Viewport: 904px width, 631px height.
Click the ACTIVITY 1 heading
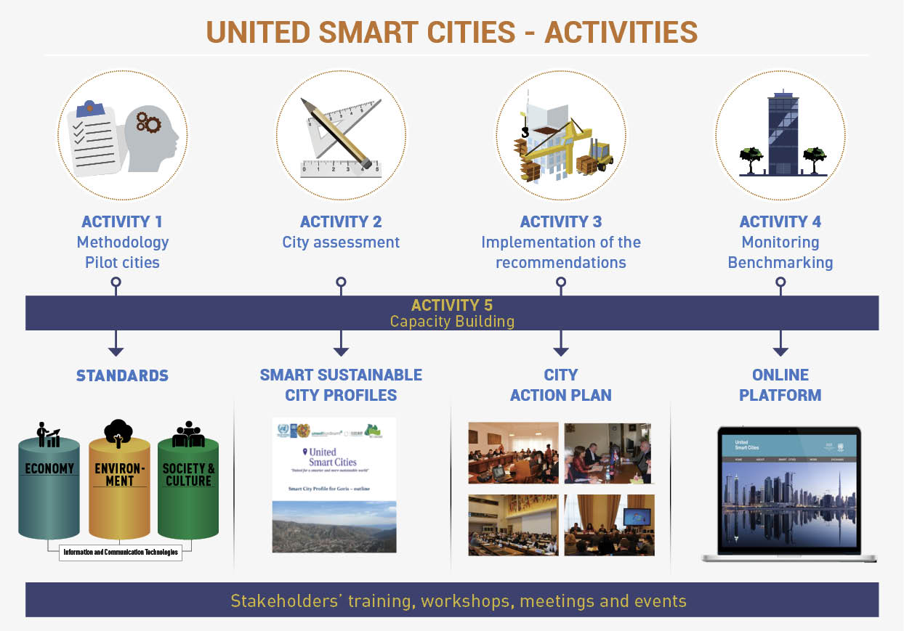click(x=122, y=222)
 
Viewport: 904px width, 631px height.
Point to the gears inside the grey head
click(x=148, y=123)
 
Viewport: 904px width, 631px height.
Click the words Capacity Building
click(x=452, y=321)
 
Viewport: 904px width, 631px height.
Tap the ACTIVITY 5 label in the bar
click(x=452, y=305)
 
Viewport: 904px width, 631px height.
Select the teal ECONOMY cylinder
click(x=49, y=487)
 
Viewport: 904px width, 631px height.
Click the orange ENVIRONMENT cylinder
click(x=119, y=487)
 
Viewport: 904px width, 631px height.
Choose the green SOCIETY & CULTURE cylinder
click(x=188, y=487)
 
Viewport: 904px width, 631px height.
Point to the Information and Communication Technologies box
click(x=120, y=553)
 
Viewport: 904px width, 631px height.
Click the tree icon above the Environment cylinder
click(x=118, y=432)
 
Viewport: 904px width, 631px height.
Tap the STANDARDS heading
click(x=122, y=376)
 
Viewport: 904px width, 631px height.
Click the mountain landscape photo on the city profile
click(x=334, y=526)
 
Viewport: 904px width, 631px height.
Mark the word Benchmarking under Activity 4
click(x=780, y=263)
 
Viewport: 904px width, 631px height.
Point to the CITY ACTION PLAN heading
click(x=560, y=385)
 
